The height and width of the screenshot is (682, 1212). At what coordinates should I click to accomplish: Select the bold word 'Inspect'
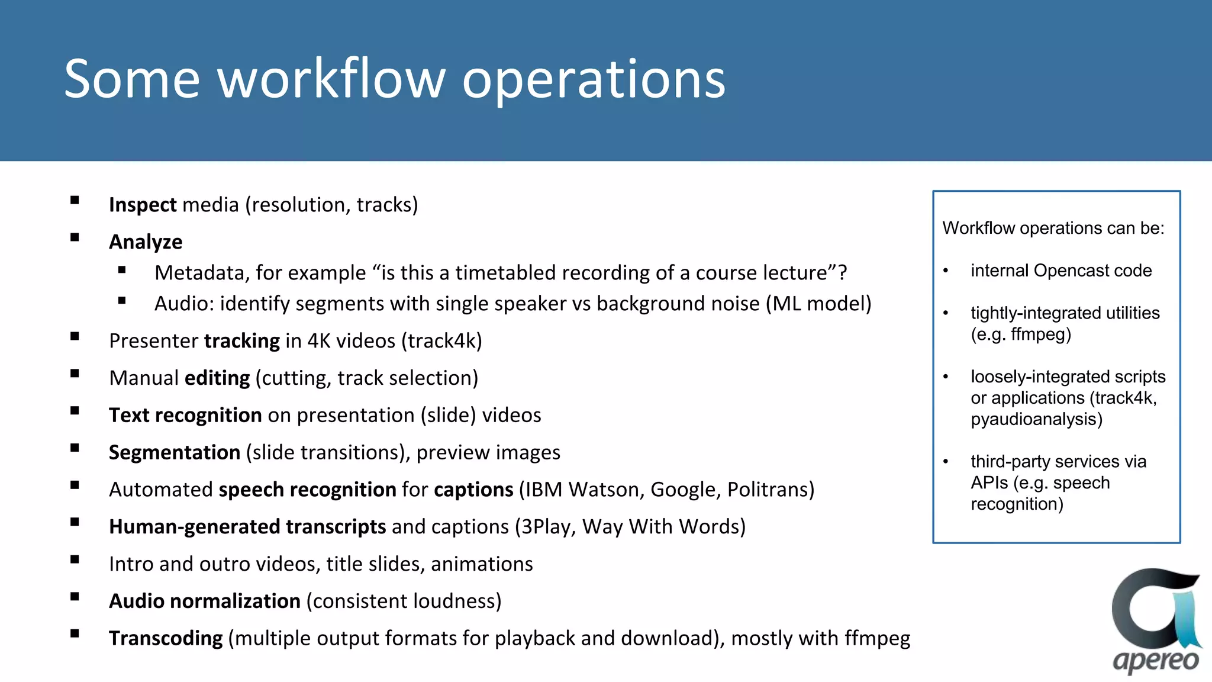[143, 205]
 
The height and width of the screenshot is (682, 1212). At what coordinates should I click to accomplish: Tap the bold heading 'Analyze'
[146, 242]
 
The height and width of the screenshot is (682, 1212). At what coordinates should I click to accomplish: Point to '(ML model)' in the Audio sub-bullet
[818, 304]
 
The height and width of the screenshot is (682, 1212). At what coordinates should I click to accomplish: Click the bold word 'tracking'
[241, 341]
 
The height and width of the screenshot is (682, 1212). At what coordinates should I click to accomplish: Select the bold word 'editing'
[217, 378]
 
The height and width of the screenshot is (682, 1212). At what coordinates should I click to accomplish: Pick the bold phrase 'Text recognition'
[185, 416]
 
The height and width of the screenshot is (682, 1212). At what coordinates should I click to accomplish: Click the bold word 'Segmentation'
[175, 453]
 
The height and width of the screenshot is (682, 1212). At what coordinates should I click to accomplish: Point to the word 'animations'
[482, 564]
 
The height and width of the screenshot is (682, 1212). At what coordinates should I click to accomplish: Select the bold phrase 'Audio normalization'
[205, 601]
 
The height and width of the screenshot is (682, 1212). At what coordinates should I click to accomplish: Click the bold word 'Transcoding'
[166, 639]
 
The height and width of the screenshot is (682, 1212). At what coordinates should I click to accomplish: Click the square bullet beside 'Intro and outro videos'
[75, 559]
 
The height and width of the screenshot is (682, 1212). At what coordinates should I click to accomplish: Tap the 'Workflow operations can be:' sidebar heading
[1053, 229]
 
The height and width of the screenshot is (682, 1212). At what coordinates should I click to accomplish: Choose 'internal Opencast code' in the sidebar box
[1060, 271]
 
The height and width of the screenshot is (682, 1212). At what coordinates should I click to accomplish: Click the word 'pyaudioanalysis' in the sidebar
[1036, 420]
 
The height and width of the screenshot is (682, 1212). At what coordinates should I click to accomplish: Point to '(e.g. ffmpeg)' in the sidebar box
[1021, 335]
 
